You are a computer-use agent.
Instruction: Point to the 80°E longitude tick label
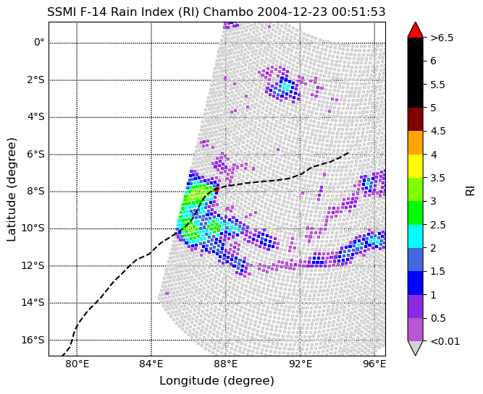[77, 364]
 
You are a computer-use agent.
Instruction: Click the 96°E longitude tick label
[374, 364]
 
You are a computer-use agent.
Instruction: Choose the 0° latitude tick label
[38, 42]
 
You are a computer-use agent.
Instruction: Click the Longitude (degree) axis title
[217, 380]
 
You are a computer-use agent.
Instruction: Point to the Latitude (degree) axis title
[12, 189]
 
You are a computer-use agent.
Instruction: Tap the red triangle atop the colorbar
[415, 30]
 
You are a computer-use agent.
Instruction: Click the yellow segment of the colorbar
[415, 166]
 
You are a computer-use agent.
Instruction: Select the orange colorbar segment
[415, 142]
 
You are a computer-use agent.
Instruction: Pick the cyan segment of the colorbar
[415, 236]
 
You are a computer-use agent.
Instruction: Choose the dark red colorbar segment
[415, 119]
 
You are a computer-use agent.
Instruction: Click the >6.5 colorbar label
[442, 38]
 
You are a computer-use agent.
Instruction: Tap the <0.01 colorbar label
[445, 341]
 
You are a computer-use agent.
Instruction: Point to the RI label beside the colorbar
[471, 189]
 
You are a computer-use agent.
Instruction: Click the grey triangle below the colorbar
[415, 348]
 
